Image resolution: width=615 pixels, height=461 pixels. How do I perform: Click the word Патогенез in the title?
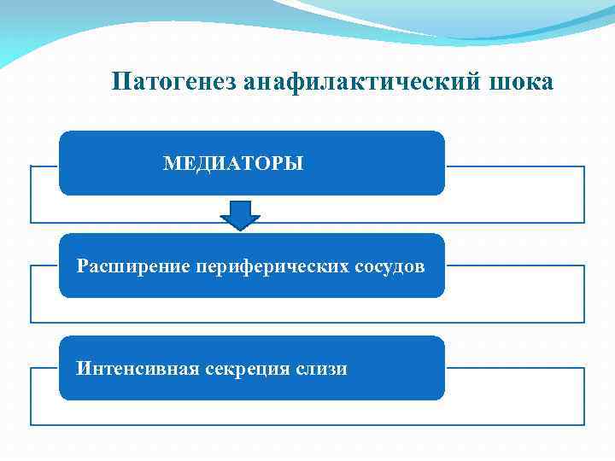[174, 82]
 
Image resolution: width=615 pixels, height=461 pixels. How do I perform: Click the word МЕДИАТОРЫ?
[233, 163]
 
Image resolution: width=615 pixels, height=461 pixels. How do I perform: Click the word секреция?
[249, 369]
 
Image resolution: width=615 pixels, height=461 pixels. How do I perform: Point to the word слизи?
[324, 369]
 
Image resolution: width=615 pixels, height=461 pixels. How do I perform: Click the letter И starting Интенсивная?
[82, 369]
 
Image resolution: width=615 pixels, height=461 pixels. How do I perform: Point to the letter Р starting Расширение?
[82, 266]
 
